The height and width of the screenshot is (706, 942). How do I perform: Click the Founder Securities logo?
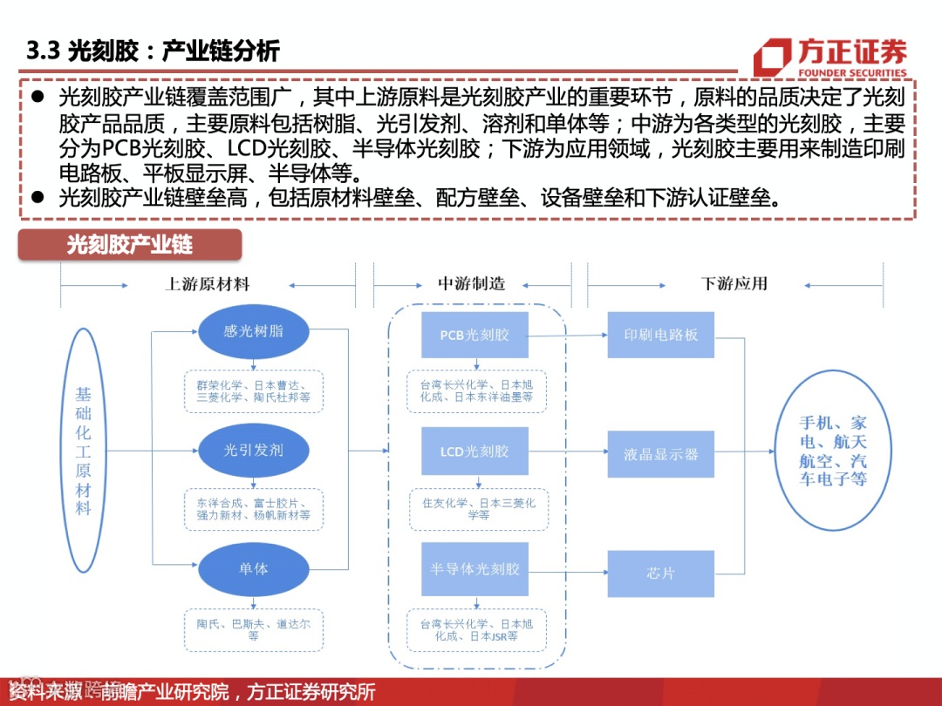pos(829,56)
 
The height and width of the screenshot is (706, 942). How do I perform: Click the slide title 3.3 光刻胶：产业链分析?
pos(154,51)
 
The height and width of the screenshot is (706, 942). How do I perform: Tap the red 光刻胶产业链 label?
pos(130,244)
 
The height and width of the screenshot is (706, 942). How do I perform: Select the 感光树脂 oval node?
pos(254,332)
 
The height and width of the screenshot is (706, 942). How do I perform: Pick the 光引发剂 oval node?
pos(254,451)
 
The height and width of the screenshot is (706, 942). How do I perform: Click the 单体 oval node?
pos(254,569)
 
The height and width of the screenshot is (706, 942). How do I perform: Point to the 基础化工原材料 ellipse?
pos(83,451)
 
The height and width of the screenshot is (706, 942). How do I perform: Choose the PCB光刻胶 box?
pos(474,335)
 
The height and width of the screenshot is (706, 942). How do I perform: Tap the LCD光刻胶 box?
pos(474,451)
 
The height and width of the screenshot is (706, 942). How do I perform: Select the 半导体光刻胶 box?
pos(474,569)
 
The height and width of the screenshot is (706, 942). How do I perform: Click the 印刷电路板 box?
pos(661,335)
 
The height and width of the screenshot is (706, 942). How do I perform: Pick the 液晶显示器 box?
pos(661,454)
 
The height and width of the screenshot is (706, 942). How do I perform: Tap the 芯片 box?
pos(661,574)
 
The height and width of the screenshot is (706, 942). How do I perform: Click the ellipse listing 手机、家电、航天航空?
pos(833,451)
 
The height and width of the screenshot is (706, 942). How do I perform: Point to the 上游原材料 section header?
pos(208,284)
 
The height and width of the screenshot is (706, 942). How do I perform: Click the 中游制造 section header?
pos(471,284)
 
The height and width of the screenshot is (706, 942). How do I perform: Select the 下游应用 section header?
pos(734,284)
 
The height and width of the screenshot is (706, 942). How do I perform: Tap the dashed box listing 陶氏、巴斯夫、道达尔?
pos(254,629)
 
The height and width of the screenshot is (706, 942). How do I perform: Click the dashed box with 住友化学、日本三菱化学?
pos(479,510)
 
